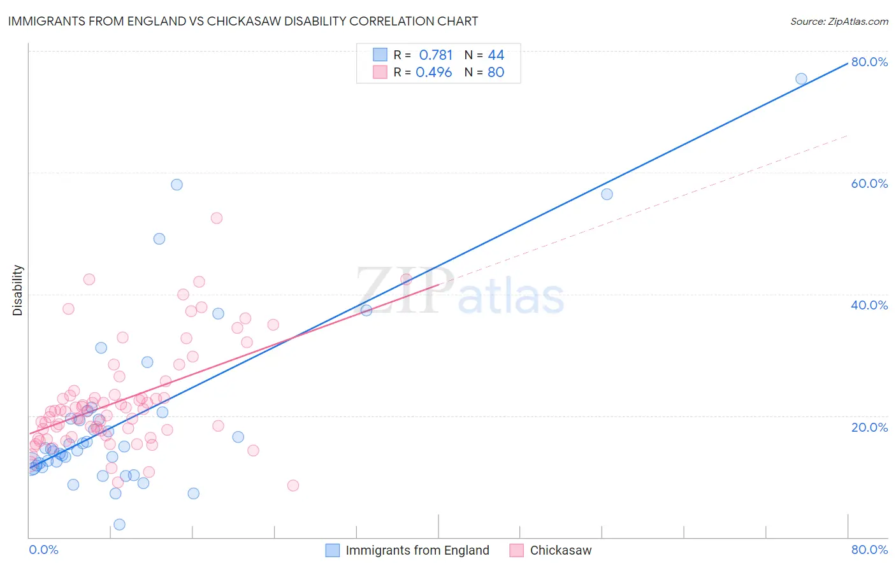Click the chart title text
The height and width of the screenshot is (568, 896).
243,21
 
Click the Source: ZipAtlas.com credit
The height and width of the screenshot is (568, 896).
839,21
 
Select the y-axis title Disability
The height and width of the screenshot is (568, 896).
18,290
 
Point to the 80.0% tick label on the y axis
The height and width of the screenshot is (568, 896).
869,62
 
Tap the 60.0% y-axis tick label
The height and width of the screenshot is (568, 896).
869,183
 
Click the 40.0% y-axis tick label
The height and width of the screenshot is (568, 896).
869,305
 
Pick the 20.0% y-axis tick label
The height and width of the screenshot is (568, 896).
869,427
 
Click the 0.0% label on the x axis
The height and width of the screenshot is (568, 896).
43,550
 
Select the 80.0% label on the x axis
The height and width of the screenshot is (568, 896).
869,550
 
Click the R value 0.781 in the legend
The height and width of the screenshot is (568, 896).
436,55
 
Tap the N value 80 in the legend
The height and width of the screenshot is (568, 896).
496,73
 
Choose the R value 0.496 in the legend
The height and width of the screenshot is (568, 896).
434,73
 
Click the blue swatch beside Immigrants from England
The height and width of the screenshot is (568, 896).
333,550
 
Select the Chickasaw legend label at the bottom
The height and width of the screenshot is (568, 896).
561,550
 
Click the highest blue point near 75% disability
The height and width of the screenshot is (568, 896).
801,79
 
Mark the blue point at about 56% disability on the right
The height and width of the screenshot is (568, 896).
607,194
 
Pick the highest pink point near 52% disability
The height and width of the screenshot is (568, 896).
217,218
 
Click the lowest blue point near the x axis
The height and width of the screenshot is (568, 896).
119,525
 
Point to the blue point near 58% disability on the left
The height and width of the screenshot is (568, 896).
177,185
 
